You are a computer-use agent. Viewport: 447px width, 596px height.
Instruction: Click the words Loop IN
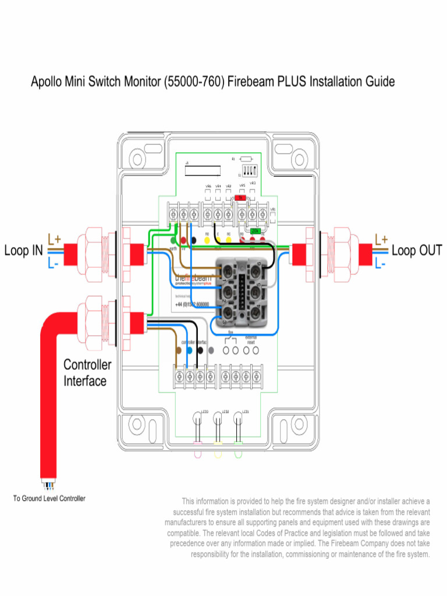click(x=24, y=251)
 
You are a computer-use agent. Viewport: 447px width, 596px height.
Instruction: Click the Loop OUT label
click(x=417, y=251)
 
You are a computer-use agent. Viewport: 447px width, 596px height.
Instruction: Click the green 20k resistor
click(x=255, y=231)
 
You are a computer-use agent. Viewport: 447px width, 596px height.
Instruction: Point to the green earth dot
click(x=173, y=240)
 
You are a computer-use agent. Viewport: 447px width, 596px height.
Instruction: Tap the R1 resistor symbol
click(x=246, y=158)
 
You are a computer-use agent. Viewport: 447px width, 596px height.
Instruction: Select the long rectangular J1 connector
click(x=203, y=170)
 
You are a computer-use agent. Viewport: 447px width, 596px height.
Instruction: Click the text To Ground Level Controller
click(x=49, y=499)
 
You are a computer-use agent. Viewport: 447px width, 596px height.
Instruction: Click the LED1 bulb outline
click(x=237, y=419)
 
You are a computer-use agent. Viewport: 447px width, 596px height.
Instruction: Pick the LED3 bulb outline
click(x=197, y=419)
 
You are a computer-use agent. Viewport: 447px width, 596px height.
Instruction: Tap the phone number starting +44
click(x=193, y=304)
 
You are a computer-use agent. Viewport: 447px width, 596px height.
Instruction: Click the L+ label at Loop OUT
click(x=381, y=239)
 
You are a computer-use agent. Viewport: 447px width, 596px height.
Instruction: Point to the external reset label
click(x=251, y=340)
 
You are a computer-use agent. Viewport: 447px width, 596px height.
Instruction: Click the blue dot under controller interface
click(x=189, y=350)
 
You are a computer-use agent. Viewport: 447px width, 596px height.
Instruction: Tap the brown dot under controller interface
click(x=178, y=350)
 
